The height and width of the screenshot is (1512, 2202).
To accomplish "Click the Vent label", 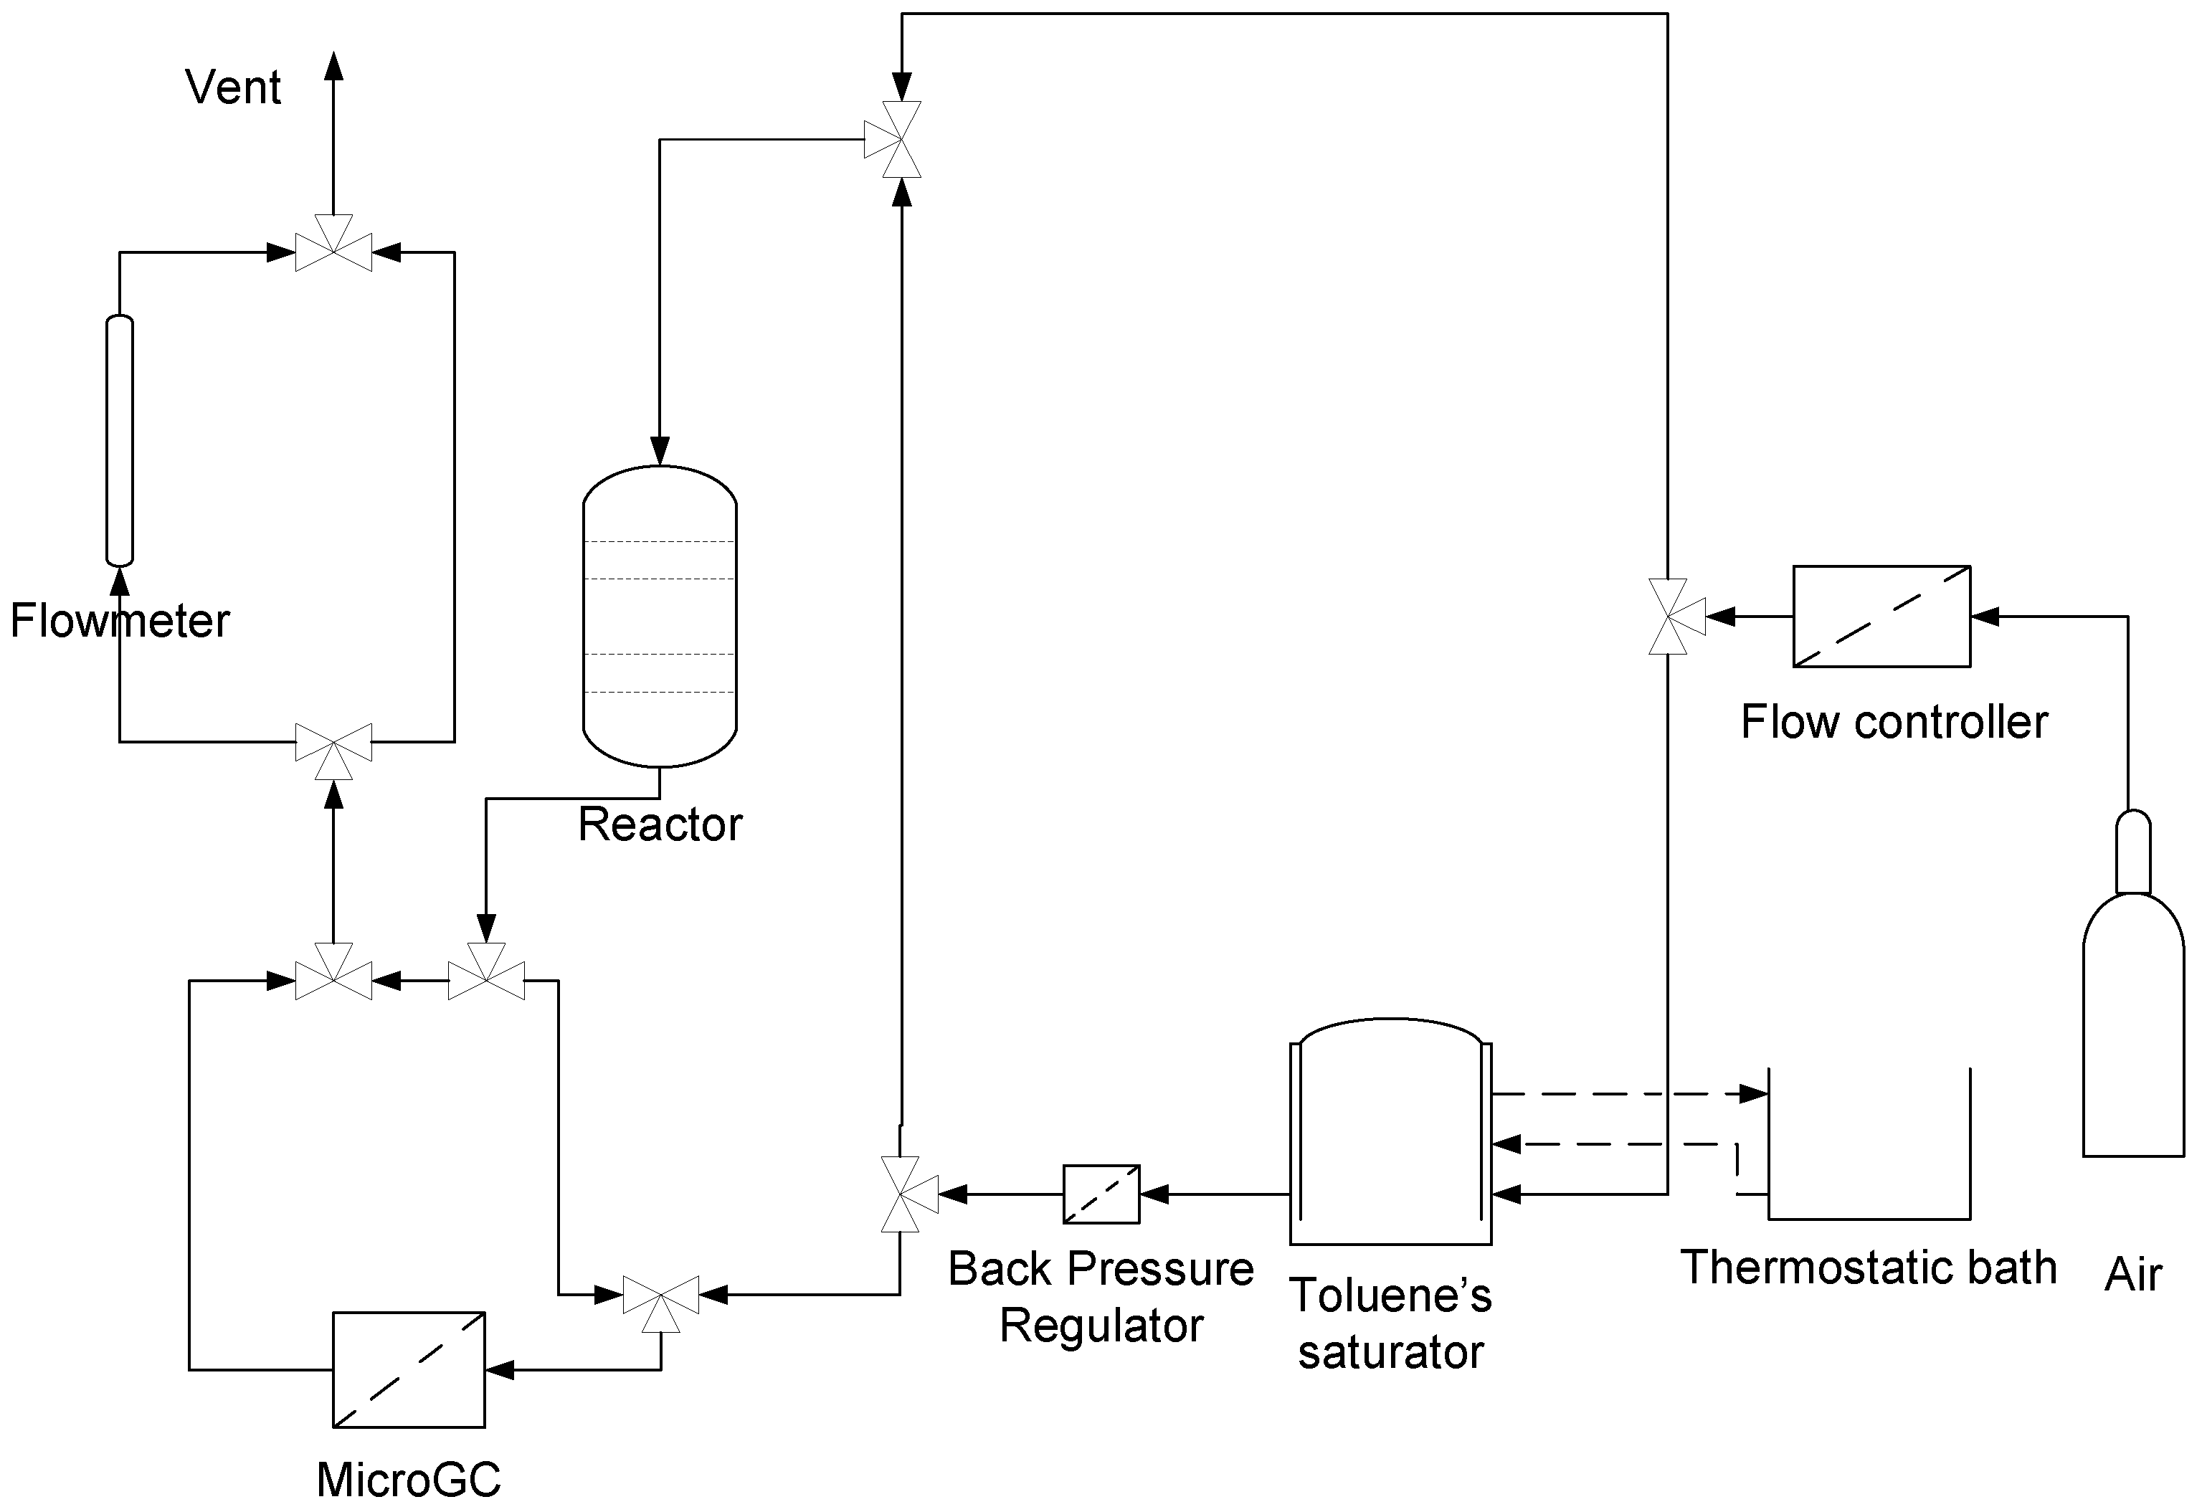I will (x=233, y=87).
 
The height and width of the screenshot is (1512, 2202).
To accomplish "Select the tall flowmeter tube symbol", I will (x=119, y=440).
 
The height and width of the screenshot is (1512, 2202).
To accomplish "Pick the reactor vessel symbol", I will (x=660, y=616).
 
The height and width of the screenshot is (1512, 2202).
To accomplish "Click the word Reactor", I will (x=660, y=824).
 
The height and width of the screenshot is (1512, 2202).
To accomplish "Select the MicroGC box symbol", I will (x=409, y=1369).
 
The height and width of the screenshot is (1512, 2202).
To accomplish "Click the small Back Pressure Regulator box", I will (x=1101, y=1194).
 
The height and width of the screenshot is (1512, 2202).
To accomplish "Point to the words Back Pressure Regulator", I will (x=1101, y=1297).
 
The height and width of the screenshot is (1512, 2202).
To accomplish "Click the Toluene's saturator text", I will (x=1390, y=1323).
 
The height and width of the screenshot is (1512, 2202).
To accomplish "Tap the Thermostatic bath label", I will (x=1869, y=1268).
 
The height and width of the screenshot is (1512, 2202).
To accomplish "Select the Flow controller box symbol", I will (x=1881, y=616).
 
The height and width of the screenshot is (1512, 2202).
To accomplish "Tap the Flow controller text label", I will (x=1894, y=722).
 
